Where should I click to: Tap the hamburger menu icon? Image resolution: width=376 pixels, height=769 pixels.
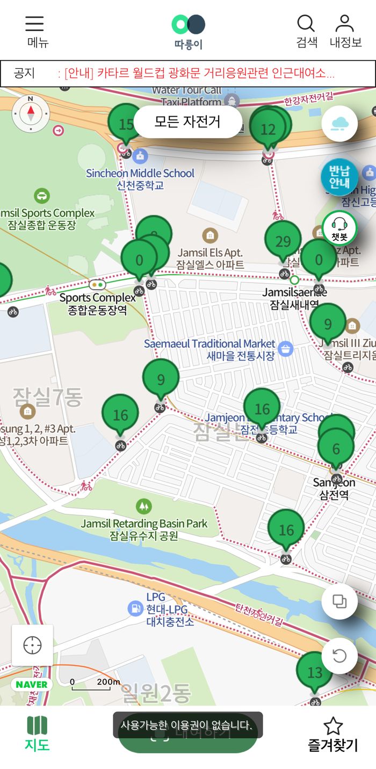coord(34,24)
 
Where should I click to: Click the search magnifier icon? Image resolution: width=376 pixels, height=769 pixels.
coord(306,24)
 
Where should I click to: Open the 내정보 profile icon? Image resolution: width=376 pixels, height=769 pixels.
coord(344,24)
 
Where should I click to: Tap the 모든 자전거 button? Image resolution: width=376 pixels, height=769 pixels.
coord(187,121)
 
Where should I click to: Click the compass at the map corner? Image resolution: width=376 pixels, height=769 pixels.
coord(31,113)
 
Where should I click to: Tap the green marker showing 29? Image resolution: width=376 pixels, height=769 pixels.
coord(283,241)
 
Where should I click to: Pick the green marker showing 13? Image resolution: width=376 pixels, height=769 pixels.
coord(315,672)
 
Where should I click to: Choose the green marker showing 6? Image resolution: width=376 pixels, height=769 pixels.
coord(336,449)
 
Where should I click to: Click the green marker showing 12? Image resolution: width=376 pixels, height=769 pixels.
coord(267,130)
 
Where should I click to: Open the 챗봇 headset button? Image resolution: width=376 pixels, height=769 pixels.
coord(339,228)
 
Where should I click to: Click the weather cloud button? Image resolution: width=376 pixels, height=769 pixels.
coord(339,124)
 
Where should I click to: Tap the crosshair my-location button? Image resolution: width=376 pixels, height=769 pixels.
coord(32,645)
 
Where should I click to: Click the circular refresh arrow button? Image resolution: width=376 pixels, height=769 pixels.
coord(339,656)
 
